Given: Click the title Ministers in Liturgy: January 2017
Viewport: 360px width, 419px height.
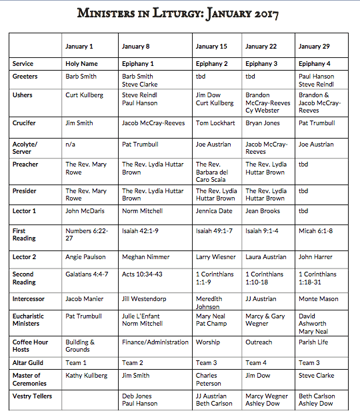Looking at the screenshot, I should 178,13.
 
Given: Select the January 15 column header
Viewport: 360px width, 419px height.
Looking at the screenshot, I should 211,46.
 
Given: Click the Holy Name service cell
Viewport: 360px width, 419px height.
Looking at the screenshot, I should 82,64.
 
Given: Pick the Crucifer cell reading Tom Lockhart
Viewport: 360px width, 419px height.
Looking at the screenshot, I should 215,123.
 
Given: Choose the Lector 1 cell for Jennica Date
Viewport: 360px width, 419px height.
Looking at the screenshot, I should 213,211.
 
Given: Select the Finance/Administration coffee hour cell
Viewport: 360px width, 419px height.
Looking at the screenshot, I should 155,342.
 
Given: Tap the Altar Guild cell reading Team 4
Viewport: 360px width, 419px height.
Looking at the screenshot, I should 253,363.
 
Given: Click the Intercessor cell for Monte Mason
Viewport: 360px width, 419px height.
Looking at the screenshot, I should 319,299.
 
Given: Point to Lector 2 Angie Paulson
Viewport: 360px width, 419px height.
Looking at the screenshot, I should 85,256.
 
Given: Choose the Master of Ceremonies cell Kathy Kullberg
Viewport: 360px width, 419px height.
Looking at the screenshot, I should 86,376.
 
